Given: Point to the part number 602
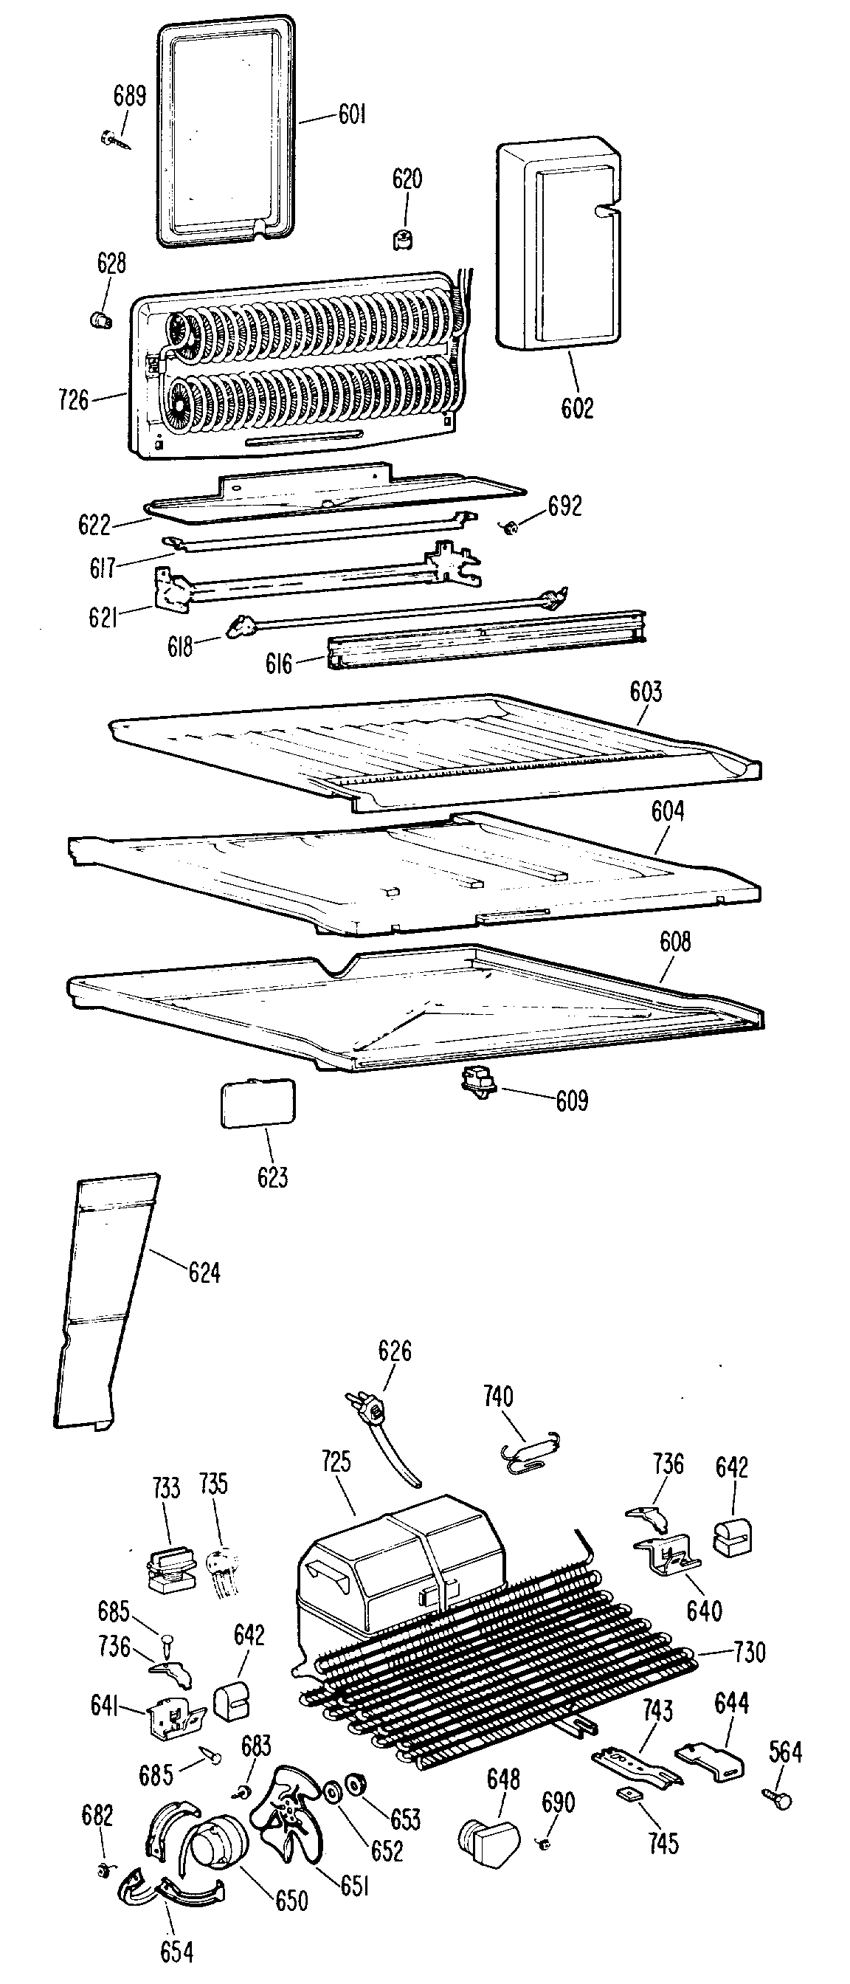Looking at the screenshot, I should (578, 407).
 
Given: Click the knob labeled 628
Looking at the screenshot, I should (99, 319).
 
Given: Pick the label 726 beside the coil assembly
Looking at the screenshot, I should (74, 400).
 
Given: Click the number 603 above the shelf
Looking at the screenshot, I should (645, 692).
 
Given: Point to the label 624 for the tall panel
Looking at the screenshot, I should (204, 1273).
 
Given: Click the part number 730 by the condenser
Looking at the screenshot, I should (749, 1652).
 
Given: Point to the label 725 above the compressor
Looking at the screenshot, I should (336, 1461).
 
